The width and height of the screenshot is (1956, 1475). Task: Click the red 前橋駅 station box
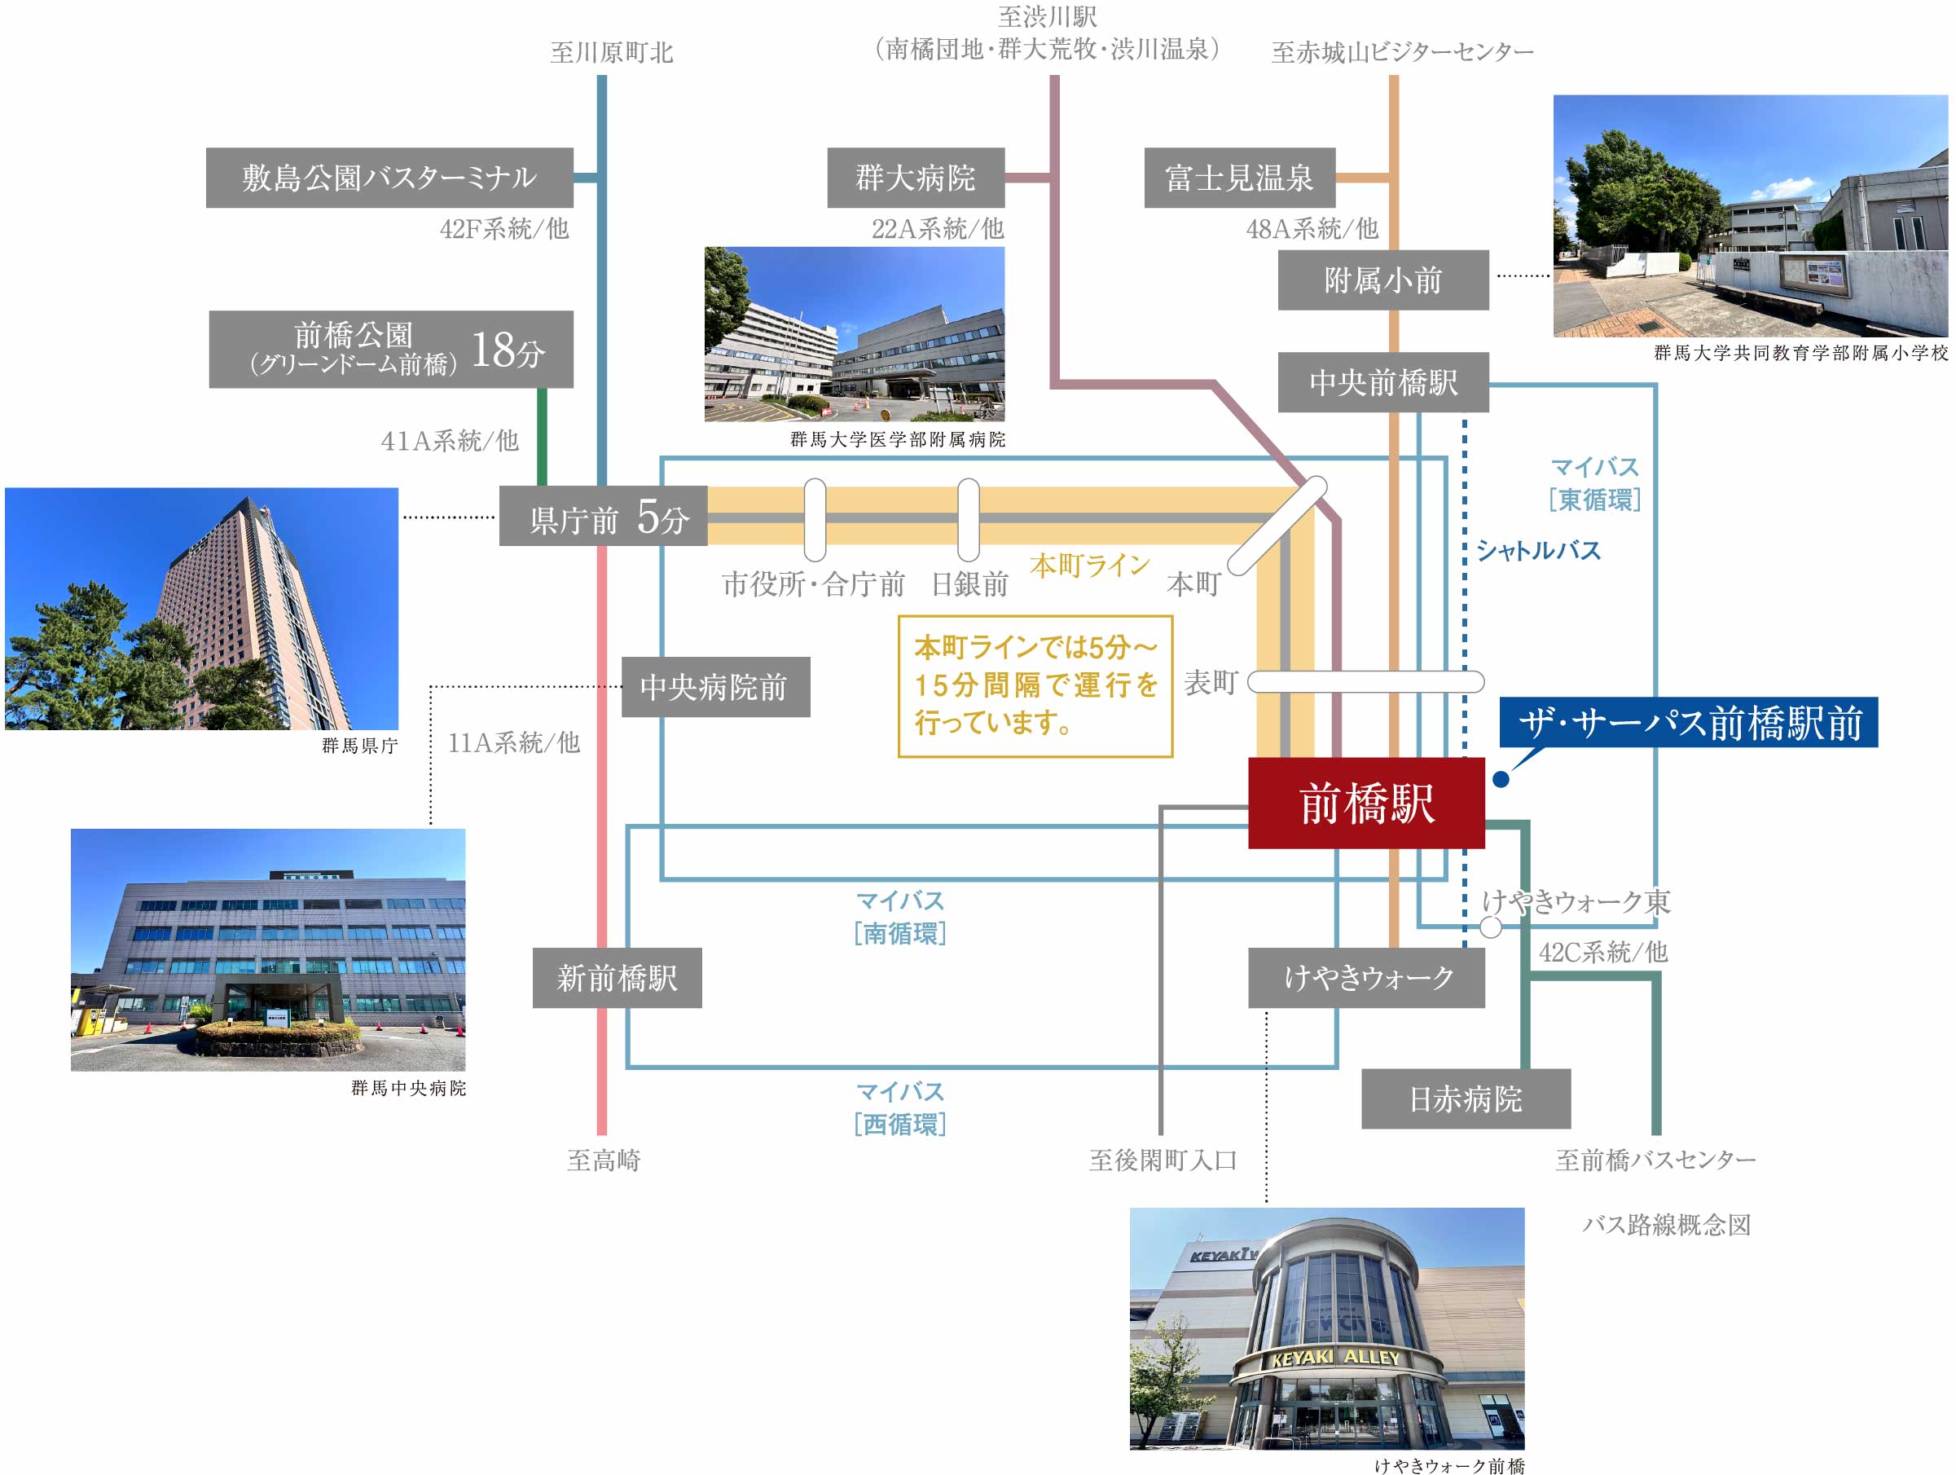(x=1366, y=803)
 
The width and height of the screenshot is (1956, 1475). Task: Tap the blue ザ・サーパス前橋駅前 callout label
(x=1689, y=723)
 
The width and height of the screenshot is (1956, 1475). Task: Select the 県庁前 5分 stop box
(x=603, y=517)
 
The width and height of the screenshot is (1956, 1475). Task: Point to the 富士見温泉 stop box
(x=1240, y=178)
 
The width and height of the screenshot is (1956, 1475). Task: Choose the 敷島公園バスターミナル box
(x=390, y=178)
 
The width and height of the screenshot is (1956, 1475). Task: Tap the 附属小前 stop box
(x=1383, y=280)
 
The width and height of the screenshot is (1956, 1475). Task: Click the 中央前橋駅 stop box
(x=1383, y=382)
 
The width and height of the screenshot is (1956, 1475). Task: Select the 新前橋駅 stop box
(x=618, y=978)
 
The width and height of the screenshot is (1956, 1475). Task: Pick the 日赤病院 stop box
(x=1466, y=1099)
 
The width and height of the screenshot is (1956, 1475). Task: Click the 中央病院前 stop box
(x=716, y=687)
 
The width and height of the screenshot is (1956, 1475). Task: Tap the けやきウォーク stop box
(x=1366, y=978)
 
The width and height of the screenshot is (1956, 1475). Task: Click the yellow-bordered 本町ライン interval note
(x=1035, y=686)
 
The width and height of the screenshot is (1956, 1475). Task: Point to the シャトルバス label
(x=1539, y=551)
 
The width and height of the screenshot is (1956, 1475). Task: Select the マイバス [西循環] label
(x=900, y=1109)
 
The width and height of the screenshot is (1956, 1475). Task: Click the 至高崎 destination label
(x=604, y=1160)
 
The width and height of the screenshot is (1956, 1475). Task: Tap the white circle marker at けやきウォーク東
(x=1491, y=927)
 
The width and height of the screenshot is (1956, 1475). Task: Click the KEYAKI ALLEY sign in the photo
(x=1335, y=1358)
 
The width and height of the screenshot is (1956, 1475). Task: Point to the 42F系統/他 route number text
(x=504, y=229)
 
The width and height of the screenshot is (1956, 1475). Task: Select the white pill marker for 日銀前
(x=969, y=520)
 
